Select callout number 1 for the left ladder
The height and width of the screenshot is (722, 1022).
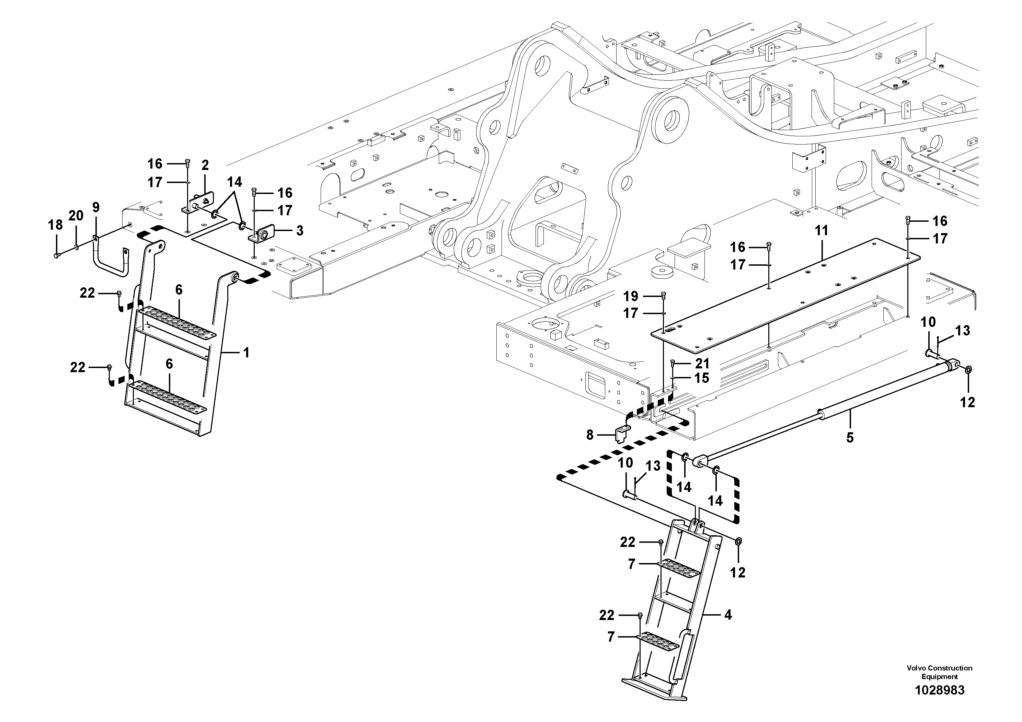[x=246, y=353]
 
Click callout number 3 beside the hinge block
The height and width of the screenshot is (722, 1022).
[x=300, y=231]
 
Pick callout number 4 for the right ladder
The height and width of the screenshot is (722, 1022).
[x=728, y=615]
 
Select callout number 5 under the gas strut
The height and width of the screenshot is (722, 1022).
[x=850, y=438]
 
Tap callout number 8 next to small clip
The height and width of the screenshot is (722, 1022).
[x=590, y=435]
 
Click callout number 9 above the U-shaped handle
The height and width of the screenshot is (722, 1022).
[x=96, y=207]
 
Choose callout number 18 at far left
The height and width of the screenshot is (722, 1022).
[x=55, y=225]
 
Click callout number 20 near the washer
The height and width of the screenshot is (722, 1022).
[x=76, y=216]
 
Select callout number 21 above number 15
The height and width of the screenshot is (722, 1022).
[x=702, y=364]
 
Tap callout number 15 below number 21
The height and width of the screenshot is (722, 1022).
[x=702, y=378]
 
